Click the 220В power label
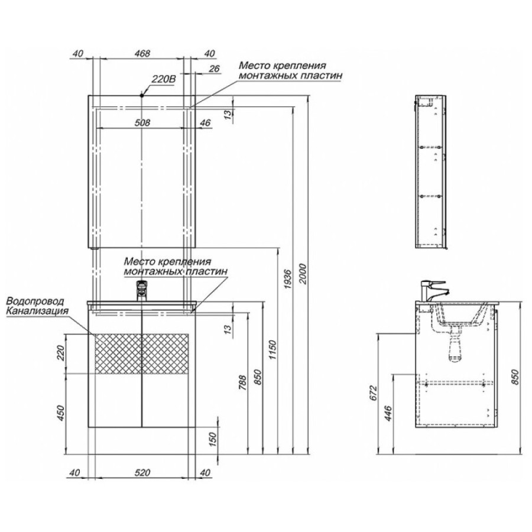tap(163, 79)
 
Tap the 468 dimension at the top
tap(142, 54)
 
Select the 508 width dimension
tap(142, 122)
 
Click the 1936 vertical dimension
tap(287, 278)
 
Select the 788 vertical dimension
tap(242, 382)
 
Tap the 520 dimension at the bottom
tap(142, 473)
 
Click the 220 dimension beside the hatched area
tap(60, 353)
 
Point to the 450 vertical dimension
tap(60, 413)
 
